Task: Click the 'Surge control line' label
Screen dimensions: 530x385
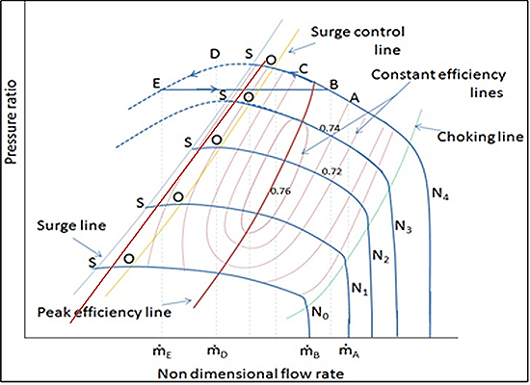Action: point(358,40)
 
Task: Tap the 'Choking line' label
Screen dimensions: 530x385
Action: point(480,137)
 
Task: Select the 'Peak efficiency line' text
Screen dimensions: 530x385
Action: point(104,312)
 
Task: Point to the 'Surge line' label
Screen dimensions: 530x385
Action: point(71,225)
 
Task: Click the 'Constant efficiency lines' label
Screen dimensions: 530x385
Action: point(438,83)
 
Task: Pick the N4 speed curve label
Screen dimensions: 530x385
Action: point(440,193)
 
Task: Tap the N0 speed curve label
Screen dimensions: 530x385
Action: point(320,313)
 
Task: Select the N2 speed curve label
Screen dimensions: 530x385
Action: point(381,256)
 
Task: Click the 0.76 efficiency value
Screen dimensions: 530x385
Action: point(280,192)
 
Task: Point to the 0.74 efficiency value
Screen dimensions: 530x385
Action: point(330,128)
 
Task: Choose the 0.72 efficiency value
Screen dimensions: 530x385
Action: point(331,171)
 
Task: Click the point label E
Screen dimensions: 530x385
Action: point(156,83)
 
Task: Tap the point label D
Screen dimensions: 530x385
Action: point(215,54)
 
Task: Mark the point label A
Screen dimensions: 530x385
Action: point(355,98)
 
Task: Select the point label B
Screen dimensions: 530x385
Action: point(334,84)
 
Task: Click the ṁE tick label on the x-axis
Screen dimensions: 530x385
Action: point(163,351)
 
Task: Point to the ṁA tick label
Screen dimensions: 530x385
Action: point(350,351)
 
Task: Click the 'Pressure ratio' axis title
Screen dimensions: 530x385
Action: point(12,122)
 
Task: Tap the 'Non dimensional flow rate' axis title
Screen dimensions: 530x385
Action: point(251,373)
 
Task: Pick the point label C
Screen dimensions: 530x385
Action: point(304,69)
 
